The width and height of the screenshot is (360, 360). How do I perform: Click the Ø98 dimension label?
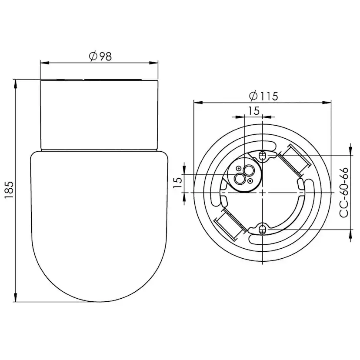[100, 56]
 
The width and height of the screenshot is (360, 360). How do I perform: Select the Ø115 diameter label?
[263, 96]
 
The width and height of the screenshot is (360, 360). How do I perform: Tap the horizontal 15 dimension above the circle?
[253, 110]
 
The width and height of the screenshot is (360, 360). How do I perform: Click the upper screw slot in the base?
[262, 156]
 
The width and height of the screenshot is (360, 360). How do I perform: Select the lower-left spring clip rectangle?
[230, 223]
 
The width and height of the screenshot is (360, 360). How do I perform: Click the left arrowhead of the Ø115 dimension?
[197, 103]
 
